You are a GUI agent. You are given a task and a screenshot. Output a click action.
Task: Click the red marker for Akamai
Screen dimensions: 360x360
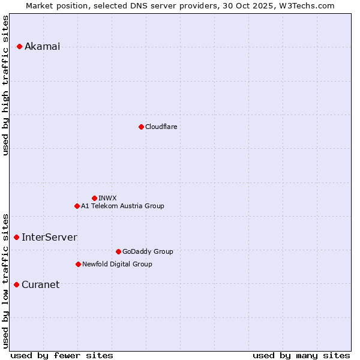(x=19, y=46)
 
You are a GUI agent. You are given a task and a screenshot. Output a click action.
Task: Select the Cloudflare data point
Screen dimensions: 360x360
(x=141, y=127)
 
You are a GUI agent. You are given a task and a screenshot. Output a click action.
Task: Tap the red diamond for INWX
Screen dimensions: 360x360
(x=94, y=198)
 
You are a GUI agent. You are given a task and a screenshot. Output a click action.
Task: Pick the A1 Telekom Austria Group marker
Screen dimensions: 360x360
(x=77, y=206)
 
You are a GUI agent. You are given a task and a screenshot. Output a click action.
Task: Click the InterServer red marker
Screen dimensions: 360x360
(x=16, y=237)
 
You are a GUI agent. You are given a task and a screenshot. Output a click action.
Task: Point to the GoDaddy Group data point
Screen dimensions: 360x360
(x=118, y=251)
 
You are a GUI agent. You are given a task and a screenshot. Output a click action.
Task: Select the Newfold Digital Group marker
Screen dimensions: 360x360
(x=78, y=264)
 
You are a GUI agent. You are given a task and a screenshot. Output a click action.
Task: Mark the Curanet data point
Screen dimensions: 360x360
(x=16, y=284)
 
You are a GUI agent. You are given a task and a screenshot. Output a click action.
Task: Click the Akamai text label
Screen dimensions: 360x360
(x=42, y=47)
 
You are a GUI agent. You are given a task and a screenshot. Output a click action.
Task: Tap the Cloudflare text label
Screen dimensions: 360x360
(x=161, y=127)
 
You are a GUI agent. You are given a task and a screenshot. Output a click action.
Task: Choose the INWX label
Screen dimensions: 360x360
(x=107, y=198)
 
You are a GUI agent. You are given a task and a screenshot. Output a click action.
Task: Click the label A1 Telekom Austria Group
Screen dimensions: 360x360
(x=122, y=206)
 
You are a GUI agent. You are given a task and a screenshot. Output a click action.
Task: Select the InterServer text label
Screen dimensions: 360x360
(x=49, y=238)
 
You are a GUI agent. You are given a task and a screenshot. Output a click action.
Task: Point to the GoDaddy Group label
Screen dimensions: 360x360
(x=148, y=251)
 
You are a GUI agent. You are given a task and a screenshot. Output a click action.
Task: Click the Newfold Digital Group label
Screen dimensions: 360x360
(x=117, y=264)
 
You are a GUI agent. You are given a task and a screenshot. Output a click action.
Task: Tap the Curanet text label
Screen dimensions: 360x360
(x=40, y=285)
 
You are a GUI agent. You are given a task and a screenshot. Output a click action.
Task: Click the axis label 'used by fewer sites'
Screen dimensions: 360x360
(x=62, y=355)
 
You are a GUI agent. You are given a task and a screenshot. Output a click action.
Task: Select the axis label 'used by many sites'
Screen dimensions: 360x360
(x=301, y=355)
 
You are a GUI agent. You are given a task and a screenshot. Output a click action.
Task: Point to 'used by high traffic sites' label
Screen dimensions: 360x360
(x=6, y=85)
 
